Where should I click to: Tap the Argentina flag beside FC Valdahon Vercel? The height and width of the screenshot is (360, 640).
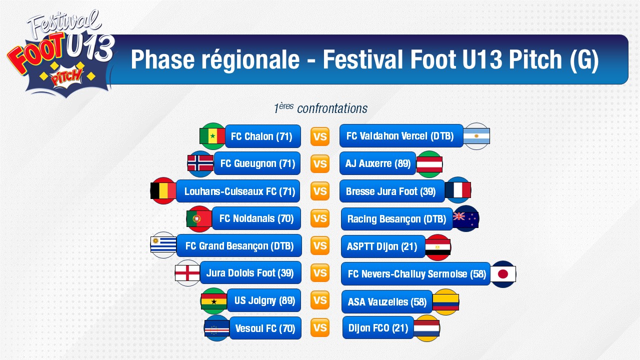[476, 136]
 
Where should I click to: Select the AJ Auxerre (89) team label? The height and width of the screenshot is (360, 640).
[377, 163]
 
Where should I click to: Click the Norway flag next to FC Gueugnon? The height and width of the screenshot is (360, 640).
[200, 163]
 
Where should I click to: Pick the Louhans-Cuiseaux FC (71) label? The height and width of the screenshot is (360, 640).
[238, 191]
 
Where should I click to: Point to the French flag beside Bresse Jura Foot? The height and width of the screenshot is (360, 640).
[457, 190]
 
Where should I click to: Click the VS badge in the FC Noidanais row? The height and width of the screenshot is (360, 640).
[320, 218]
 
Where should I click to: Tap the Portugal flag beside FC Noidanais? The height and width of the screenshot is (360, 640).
[199, 219]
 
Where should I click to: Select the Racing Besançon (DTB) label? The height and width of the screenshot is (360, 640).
[397, 219]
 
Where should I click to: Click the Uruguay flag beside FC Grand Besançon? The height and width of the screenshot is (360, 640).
[163, 245]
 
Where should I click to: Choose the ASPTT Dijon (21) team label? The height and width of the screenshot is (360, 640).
[383, 246]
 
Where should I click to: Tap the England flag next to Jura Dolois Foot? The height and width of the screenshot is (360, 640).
[187, 273]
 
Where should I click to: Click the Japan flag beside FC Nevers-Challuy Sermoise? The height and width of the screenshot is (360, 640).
[503, 274]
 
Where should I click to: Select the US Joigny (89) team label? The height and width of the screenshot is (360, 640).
[264, 300]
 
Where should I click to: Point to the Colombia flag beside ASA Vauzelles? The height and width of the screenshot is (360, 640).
[445, 302]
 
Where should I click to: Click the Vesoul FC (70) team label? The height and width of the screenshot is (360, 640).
[265, 328]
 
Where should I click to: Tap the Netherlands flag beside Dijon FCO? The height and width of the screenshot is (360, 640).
[426, 328]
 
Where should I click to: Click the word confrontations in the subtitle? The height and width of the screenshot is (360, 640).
[332, 108]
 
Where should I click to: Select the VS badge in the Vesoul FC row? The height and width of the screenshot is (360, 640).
[320, 327]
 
